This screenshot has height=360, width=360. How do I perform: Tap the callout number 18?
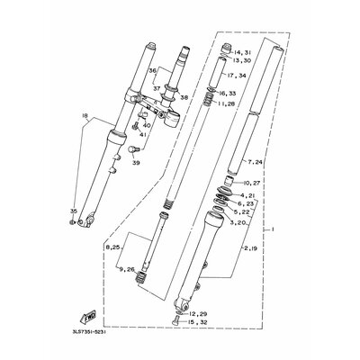coord(85,116)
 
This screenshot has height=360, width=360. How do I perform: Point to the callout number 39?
coord(136,163)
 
